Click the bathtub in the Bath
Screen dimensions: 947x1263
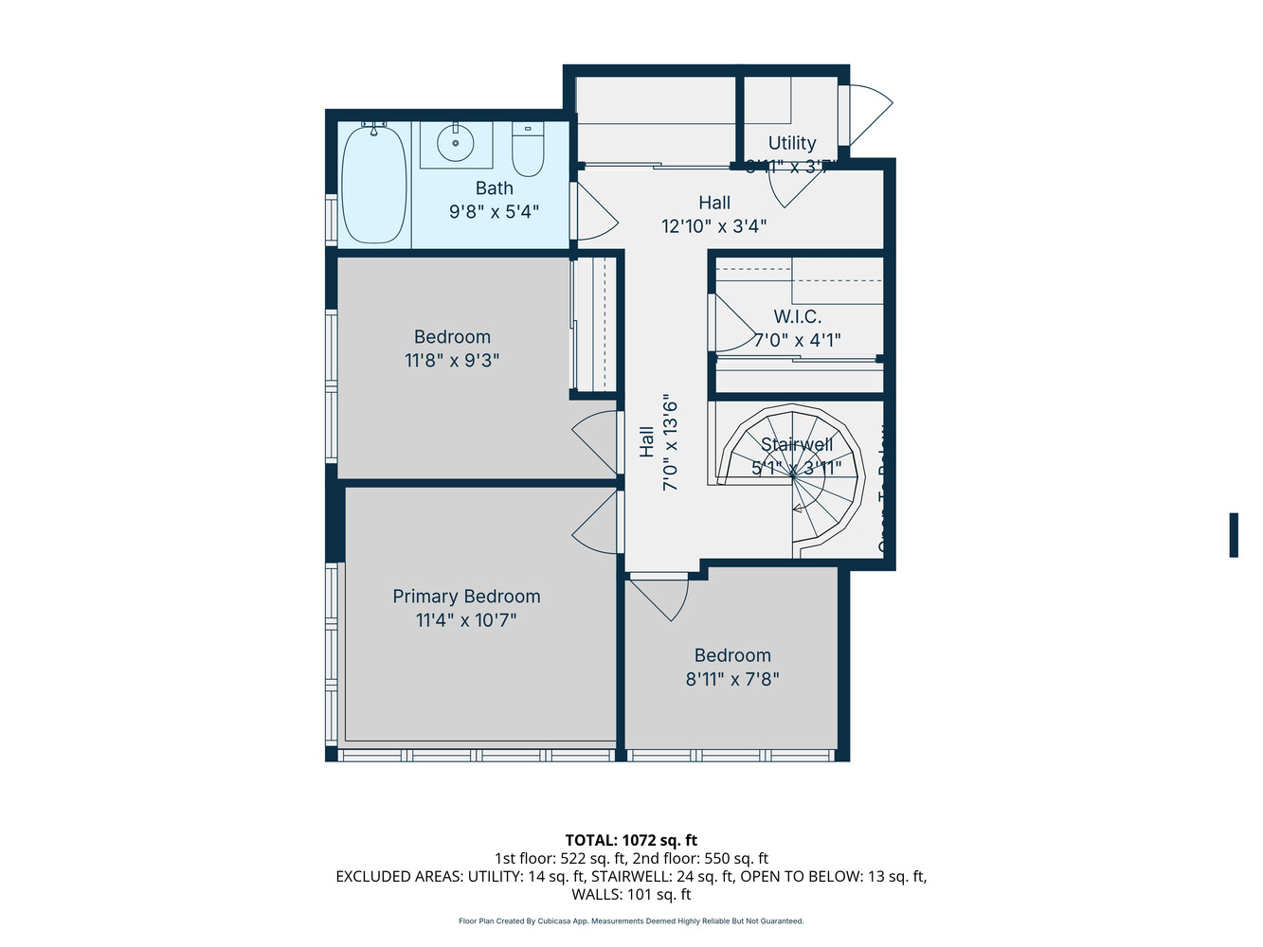(373, 184)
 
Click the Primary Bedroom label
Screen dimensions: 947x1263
(466, 597)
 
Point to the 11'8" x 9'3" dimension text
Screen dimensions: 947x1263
(452, 361)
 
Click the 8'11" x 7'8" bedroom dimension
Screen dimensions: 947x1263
(732, 679)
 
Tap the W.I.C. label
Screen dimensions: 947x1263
(797, 317)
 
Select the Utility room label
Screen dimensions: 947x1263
(792, 143)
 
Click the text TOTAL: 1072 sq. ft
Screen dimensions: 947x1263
(631, 840)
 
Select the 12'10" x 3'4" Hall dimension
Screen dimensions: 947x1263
(713, 226)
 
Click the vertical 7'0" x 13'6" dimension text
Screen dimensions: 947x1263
(671, 442)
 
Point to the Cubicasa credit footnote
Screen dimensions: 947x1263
(631, 921)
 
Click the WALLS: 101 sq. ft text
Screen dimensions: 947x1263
(631, 895)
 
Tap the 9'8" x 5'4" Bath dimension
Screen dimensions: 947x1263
(494, 212)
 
